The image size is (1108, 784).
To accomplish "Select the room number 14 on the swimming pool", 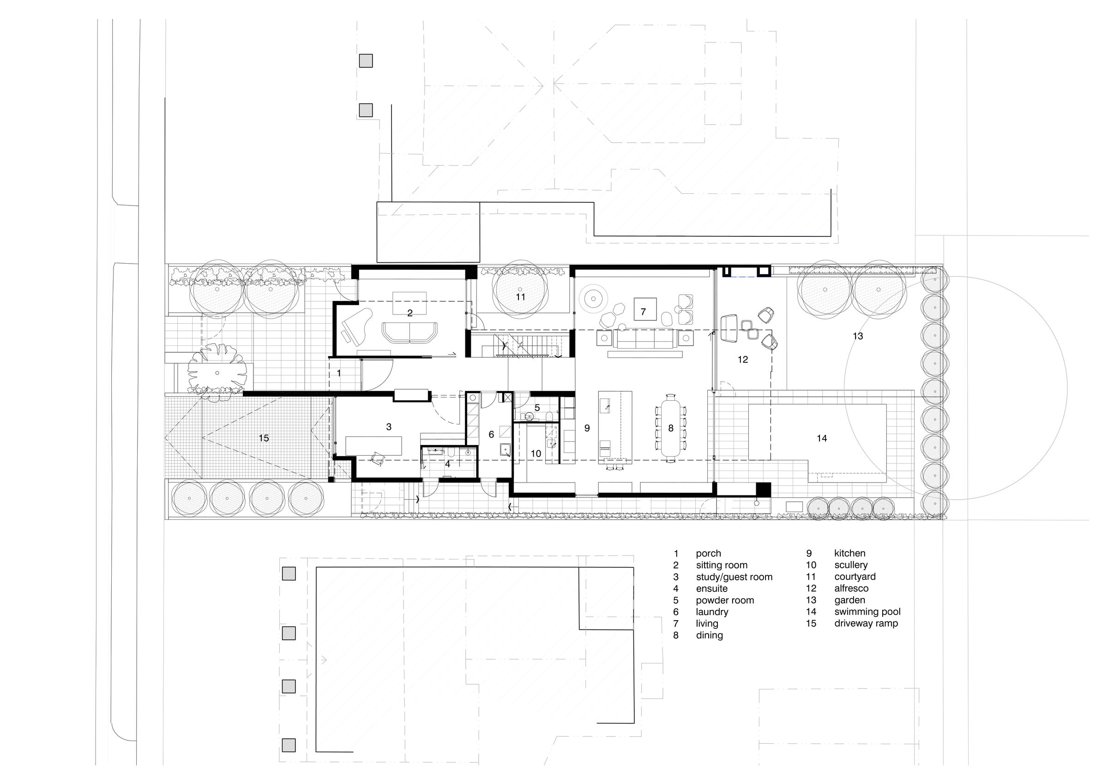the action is pos(822,438).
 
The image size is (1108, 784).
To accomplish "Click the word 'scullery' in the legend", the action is pos(851,565).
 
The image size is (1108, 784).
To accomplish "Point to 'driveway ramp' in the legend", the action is pos(866,623).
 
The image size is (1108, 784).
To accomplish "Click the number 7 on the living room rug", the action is pos(643,312).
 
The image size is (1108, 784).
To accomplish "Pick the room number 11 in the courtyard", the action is pos(520,297).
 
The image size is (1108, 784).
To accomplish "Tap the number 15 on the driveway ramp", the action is pos(264,438).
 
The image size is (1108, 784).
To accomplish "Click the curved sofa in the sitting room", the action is pos(409,332).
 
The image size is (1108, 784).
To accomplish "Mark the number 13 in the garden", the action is pos(857,336).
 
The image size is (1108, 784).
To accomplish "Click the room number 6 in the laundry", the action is pos(491,434).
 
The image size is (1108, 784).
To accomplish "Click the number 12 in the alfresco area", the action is pos(743,360).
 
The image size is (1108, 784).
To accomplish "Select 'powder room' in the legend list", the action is pos(725,600).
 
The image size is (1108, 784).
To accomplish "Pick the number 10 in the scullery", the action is pos(536,454).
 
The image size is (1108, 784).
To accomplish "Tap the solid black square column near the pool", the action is pos(763,489).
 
